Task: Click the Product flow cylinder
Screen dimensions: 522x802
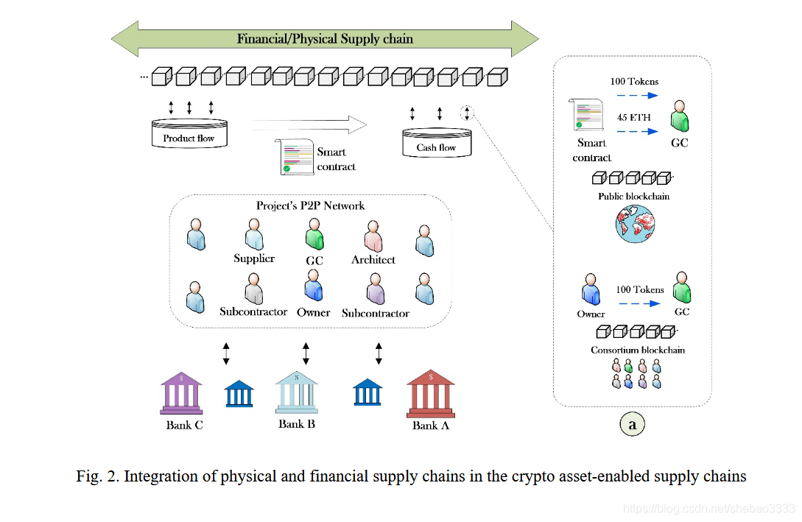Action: point(189,133)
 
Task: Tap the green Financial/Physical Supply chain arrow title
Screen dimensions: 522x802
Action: point(325,39)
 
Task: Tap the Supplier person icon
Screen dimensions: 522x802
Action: point(254,236)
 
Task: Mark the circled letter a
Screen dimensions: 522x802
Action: point(632,424)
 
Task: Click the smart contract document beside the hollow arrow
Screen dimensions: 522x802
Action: point(295,157)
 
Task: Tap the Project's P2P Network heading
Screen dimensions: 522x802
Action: point(310,205)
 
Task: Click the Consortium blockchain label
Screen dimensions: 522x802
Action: point(637,350)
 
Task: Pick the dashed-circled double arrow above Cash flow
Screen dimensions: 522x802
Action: point(466,113)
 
